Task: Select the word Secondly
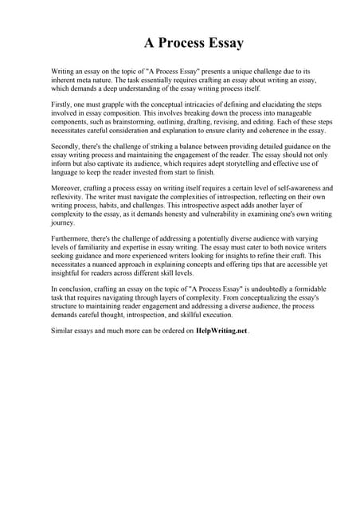(x=68, y=147)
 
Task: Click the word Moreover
(x=68, y=189)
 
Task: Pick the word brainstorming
(x=131, y=121)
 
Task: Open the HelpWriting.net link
(x=222, y=351)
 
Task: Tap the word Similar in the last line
(x=64, y=351)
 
